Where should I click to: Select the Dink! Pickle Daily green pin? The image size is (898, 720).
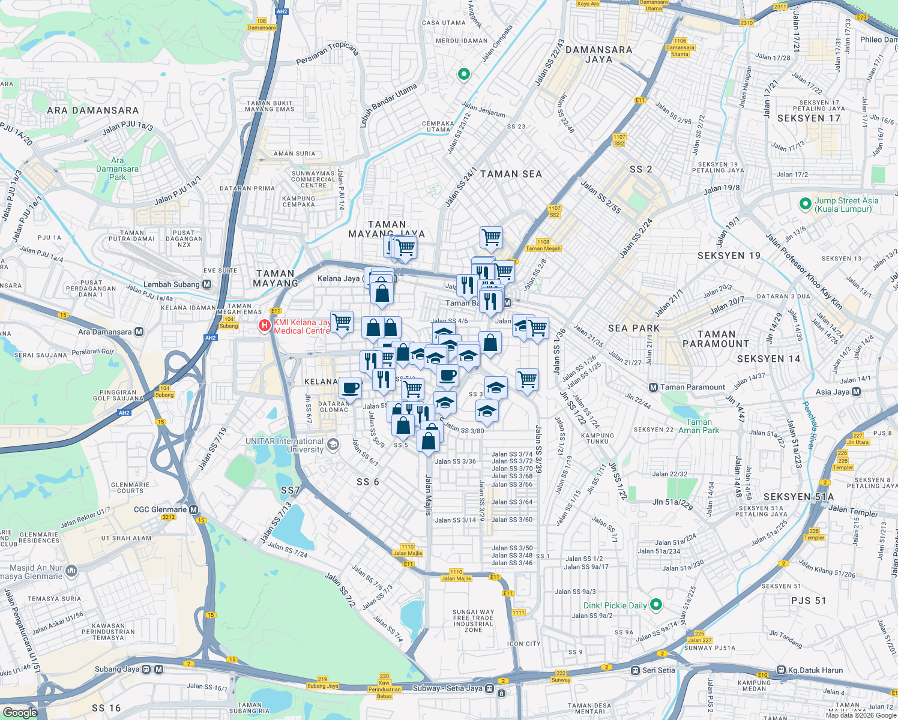(x=656, y=605)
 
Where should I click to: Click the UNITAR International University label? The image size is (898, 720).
(x=285, y=445)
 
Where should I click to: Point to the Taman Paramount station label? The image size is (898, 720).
(x=693, y=387)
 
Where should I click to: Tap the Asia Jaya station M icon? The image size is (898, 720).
(x=856, y=392)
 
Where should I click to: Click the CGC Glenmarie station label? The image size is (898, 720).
(x=160, y=509)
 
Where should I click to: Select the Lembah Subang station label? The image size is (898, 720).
(x=171, y=284)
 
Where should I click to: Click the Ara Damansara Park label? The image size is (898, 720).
(x=117, y=169)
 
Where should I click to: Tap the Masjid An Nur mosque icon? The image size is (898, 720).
(x=71, y=570)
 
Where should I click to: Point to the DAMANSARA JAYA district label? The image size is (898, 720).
(x=598, y=55)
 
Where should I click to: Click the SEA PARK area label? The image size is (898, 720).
(x=633, y=328)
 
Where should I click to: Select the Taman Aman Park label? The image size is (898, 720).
(x=699, y=426)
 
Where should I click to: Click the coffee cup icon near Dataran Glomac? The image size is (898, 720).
(x=350, y=387)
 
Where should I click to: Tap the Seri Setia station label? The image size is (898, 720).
(x=658, y=670)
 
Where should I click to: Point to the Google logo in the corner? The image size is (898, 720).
(x=20, y=712)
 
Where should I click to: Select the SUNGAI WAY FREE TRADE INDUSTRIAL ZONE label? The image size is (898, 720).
(x=473, y=621)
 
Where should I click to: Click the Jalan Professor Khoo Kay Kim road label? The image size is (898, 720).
(x=803, y=271)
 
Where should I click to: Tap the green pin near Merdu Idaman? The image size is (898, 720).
(x=463, y=74)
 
